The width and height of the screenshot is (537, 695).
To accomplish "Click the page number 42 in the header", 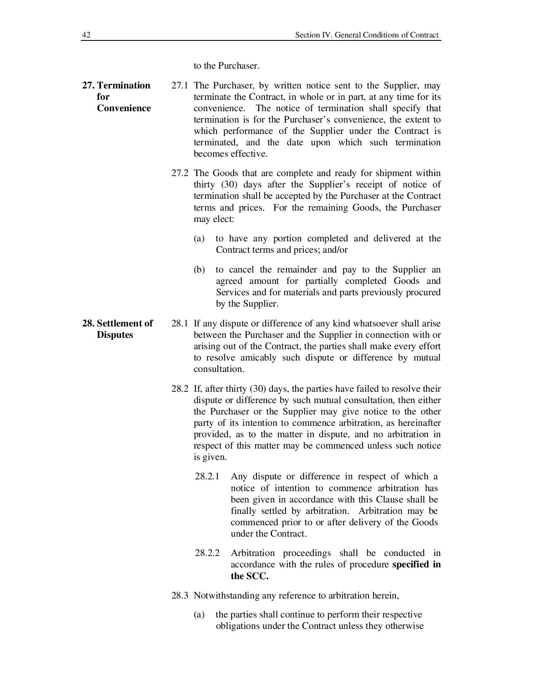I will click(x=86, y=35).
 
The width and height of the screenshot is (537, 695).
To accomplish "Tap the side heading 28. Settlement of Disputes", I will click(x=118, y=329).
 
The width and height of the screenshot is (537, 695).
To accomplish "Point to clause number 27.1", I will click(x=179, y=86).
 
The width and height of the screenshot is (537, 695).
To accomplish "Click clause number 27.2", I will click(x=179, y=173).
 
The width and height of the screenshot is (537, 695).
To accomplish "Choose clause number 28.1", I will click(x=179, y=323).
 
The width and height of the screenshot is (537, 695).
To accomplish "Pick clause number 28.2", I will click(x=179, y=388).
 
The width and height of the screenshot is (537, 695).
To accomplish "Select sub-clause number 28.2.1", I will click(x=207, y=476).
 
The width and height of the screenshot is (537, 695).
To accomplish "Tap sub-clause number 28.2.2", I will click(x=207, y=553).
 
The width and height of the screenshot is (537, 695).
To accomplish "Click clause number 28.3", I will click(x=179, y=596).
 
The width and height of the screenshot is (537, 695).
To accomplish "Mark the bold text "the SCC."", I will click(x=249, y=576).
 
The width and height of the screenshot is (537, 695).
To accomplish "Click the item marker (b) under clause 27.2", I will click(x=199, y=270).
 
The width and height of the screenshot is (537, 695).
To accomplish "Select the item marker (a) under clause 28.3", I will click(x=199, y=615).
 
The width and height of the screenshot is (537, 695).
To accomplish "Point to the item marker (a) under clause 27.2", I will click(x=199, y=238).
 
